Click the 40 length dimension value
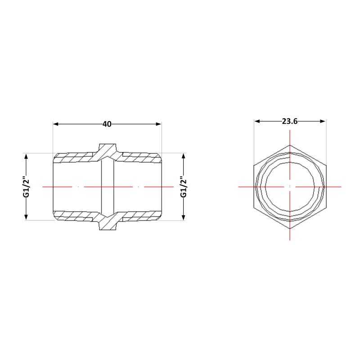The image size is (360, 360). (107, 124)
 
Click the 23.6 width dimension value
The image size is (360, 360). (290, 121)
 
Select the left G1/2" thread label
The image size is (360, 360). (27, 187)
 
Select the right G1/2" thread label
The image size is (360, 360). (184, 187)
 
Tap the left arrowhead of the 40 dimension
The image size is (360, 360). (56, 124)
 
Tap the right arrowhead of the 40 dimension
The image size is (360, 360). (158, 124)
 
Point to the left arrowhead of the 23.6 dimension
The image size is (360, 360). (257, 121)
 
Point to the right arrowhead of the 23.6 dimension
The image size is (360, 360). (323, 121)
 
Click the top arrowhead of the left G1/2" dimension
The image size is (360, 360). (26, 156)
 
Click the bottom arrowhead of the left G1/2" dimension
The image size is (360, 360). (26, 217)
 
